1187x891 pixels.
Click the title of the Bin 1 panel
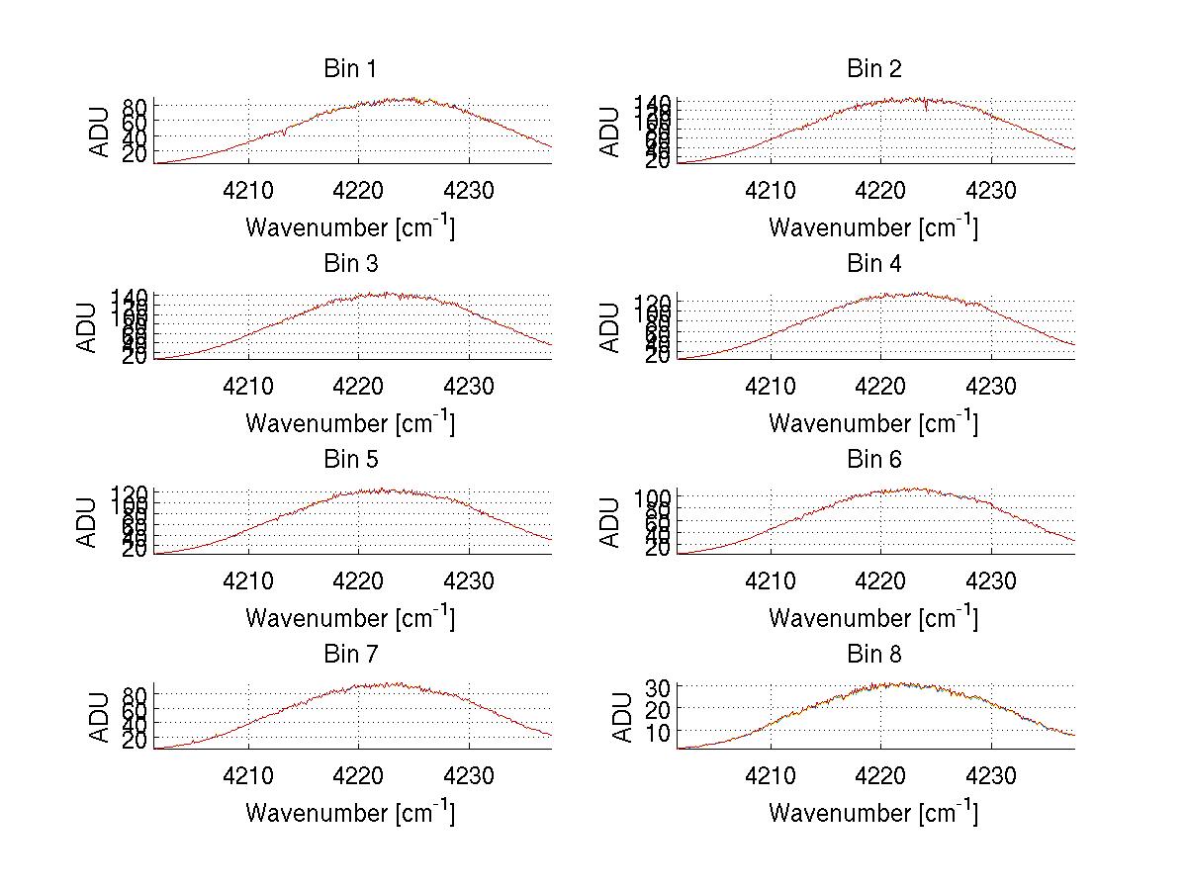[349, 68]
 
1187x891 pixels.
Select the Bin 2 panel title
[873, 68]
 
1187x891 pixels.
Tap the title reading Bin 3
[349, 264]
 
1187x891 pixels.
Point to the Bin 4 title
[873, 264]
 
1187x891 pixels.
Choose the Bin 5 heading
[349, 459]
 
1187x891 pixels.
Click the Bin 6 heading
[873, 459]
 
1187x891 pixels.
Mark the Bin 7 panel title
[349, 654]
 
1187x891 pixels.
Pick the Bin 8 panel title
[873, 654]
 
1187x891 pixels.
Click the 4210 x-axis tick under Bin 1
[247, 191]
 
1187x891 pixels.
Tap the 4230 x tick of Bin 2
[991, 191]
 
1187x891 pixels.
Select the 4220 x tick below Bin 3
[358, 386]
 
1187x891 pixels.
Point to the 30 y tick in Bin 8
[660, 686]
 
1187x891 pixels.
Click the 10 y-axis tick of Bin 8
[660, 732]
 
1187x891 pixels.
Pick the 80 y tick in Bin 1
[136, 107]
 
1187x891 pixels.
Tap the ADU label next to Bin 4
[610, 327]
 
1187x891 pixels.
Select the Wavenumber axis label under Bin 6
[873, 617]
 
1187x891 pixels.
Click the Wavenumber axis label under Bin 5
[350, 617]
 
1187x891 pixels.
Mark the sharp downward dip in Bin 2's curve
[926, 108]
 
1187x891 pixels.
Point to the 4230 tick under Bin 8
[991, 776]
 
